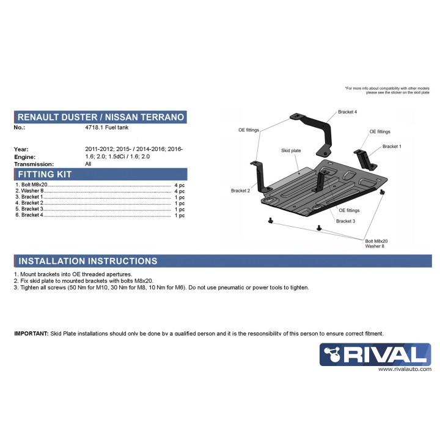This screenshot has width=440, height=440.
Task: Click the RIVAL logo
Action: point(375,355)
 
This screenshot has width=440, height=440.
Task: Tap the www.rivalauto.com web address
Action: point(404,370)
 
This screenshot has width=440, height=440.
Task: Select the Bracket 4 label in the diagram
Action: point(347,112)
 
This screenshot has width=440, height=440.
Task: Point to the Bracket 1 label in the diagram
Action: point(392,147)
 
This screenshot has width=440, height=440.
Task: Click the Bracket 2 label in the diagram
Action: point(241,191)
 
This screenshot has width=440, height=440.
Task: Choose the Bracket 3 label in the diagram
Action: point(345,221)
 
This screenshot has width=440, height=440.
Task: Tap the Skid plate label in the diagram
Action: point(291,150)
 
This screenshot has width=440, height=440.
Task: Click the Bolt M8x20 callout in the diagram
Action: point(376,241)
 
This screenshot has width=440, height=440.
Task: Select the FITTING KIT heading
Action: point(45,175)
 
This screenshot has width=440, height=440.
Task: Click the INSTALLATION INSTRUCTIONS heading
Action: point(87,261)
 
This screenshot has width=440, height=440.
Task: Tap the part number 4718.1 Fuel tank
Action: point(108,127)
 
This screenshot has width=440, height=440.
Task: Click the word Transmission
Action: point(34,164)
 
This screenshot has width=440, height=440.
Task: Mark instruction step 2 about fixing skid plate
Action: point(82,281)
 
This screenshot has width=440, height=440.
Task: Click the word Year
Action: point(21,149)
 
